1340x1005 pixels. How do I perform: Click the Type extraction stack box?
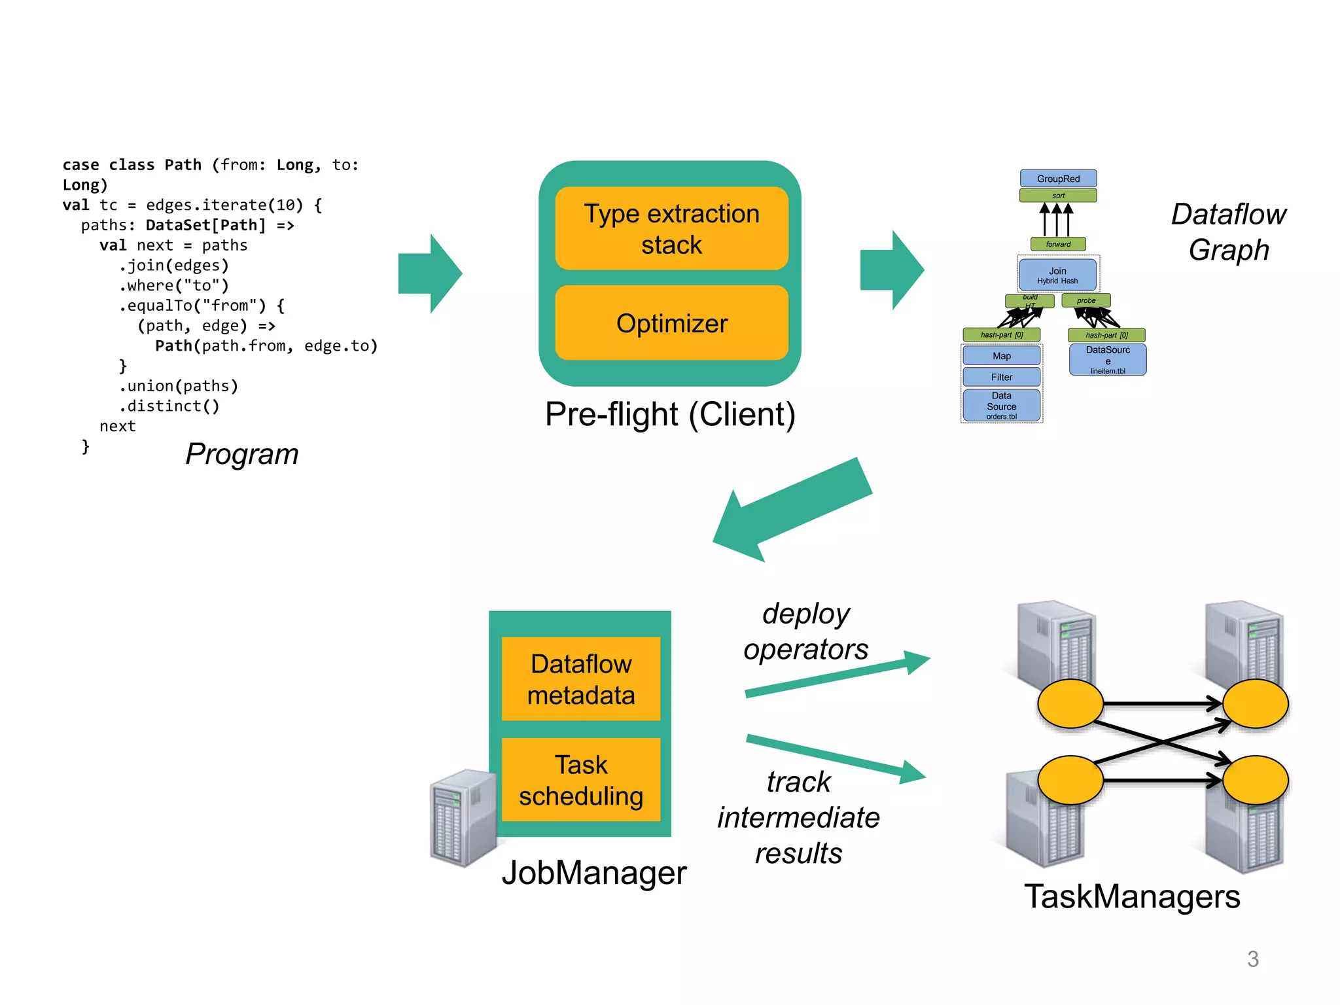671,228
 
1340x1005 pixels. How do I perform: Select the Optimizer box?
671,323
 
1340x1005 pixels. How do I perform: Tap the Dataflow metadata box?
581,679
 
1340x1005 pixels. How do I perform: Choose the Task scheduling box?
581,780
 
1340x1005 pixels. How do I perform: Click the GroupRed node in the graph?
1058,179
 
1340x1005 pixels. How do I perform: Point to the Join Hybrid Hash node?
1057,275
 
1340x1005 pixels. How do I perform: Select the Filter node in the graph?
1001,377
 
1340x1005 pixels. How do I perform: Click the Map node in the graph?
1001,356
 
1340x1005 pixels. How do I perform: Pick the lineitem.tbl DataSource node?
1108,360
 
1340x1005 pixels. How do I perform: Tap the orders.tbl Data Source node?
1001,406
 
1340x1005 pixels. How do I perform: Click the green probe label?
1086,301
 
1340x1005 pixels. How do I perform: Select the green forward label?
1058,244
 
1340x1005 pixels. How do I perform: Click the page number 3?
1252,959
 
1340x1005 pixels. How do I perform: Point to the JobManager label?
594,873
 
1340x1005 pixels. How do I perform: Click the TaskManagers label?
1132,896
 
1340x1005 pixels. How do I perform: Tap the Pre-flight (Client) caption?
670,414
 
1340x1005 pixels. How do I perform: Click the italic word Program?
242,454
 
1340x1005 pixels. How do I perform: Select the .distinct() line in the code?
169,406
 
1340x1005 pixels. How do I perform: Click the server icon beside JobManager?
463,818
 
